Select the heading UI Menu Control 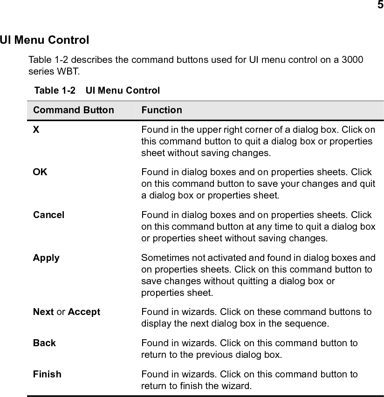(45, 40)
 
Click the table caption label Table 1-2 (55, 90)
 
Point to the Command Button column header (74, 110)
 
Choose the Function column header (162, 110)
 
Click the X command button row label (36, 130)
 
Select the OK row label (40, 172)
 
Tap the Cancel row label (49, 215)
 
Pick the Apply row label (46, 258)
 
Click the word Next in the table (43, 312)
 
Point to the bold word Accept (84, 312)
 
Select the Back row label (44, 343)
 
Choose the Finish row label (47, 374)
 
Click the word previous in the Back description (206, 355)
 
